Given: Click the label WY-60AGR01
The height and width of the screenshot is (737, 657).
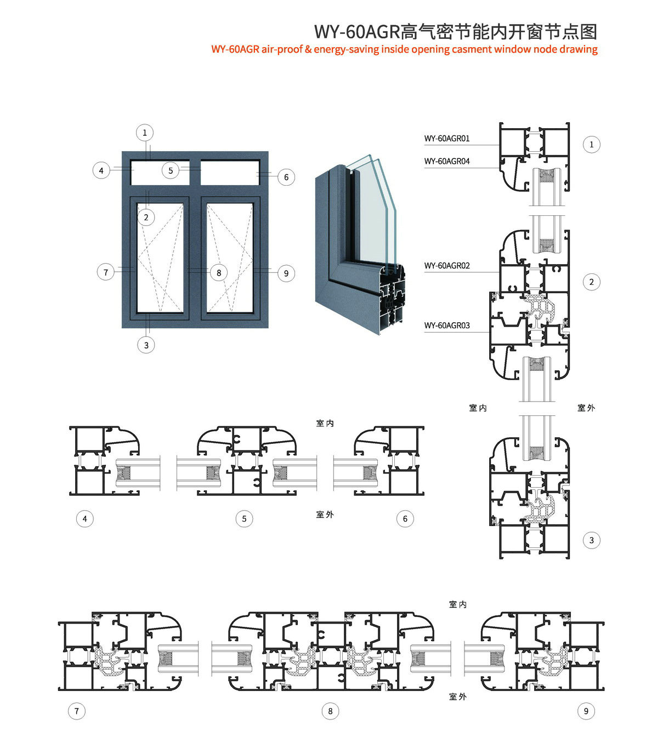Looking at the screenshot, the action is pyautogui.click(x=446, y=139).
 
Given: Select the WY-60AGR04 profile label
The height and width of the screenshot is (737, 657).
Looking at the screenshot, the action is pyautogui.click(x=446, y=161).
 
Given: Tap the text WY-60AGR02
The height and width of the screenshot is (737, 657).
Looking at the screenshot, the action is pyautogui.click(x=446, y=266).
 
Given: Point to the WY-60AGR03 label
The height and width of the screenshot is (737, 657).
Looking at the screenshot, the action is pyautogui.click(x=446, y=325).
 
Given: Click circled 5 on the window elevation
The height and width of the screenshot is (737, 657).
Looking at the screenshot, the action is pyautogui.click(x=171, y=170).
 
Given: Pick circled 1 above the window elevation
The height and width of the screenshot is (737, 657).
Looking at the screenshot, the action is pyautogui.click(x=145, y=133).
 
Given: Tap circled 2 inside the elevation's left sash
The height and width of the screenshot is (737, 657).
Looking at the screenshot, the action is pyautogui.click(x=146, y=218).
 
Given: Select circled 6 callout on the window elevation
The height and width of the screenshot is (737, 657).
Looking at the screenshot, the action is pyautogui.click(x=286, y=177).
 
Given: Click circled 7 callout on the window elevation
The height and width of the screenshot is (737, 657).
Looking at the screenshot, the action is pyautogui.click(x=106, y=272).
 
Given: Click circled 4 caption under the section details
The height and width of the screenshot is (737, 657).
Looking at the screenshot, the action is pyautogui.click(x=85, y=518).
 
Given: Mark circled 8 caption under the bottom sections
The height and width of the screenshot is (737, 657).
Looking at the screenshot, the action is pyautogui.click(x=330, y=711).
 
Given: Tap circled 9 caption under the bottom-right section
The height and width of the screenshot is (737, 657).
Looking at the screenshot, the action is pyautogui.click(x=586, y=711).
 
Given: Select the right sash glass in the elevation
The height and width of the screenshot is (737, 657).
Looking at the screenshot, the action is pyautogui.click(x=230, y=258).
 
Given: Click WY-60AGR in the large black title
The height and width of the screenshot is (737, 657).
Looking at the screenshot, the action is pyautogui.click(x=357, y=32).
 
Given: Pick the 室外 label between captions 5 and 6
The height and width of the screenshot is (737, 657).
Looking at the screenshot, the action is pyautogui.click(x=325, y=515).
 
